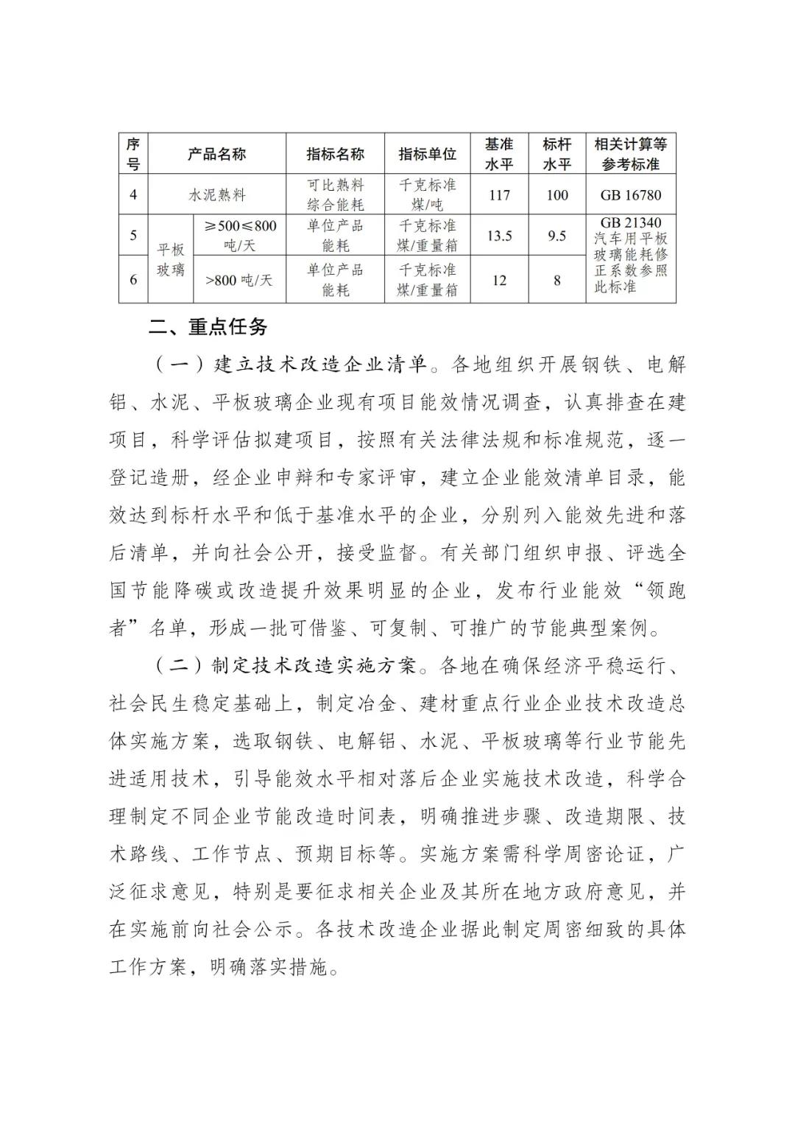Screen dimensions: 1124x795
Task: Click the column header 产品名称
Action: click(216, 154)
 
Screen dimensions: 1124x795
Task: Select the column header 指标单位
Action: click(427, 154)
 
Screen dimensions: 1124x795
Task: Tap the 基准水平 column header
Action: click(498, 154)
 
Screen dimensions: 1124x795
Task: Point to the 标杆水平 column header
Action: click(556, 154)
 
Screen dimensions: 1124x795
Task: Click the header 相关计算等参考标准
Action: click(631, 154)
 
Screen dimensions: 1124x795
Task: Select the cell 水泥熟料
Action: click(217, 195)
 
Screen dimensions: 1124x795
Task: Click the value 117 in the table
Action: click(498, 195)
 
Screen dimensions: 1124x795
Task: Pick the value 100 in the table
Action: click(557, 195)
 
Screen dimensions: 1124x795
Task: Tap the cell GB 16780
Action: click(631, 195)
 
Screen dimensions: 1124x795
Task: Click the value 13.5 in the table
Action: click(499, 236)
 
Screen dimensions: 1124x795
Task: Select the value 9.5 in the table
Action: click(557, 236)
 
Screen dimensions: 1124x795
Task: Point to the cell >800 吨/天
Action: click(239, 280)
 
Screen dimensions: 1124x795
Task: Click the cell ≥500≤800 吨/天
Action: click(239, 236)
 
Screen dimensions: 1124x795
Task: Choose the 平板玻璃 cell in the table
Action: click(171, 259)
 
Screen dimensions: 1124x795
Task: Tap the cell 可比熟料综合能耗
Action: click(335, 195)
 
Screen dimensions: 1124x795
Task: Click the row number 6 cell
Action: click(133, 280)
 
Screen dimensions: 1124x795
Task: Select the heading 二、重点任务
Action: click(208, 327)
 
